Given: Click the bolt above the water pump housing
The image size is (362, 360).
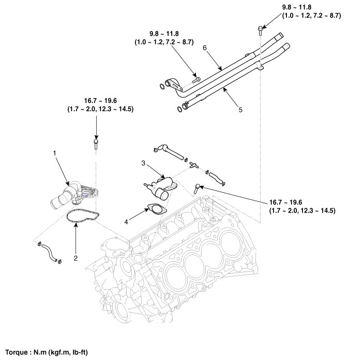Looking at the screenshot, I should [x=96, y=142].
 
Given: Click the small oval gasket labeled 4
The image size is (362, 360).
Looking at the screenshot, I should [x=154, y=209].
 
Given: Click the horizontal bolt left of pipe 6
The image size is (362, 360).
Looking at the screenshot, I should [x=196, y=79].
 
